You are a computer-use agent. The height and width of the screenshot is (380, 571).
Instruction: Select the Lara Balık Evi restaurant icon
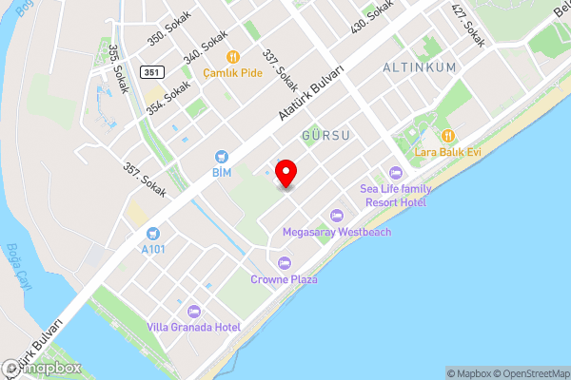point(447,135)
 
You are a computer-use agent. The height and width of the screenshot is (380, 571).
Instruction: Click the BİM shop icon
point(222,156)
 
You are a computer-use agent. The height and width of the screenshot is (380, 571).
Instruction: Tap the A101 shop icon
point(153,233)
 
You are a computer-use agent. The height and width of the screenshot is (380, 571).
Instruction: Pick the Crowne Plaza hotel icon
point(283,263)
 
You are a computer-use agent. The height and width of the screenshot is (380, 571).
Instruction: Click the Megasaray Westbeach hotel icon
point(336,215)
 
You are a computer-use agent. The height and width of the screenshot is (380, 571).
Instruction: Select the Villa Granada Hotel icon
point(194,311)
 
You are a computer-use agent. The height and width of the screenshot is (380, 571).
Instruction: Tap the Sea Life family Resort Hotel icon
point(396,172)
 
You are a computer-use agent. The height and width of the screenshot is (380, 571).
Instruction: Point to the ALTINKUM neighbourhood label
point(419,67)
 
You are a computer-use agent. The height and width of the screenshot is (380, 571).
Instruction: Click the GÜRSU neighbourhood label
point(325,136)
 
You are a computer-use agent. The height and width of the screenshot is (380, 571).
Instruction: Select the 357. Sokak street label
point(144,179)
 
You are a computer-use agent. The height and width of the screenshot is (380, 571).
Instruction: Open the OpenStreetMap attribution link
point(527,373)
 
